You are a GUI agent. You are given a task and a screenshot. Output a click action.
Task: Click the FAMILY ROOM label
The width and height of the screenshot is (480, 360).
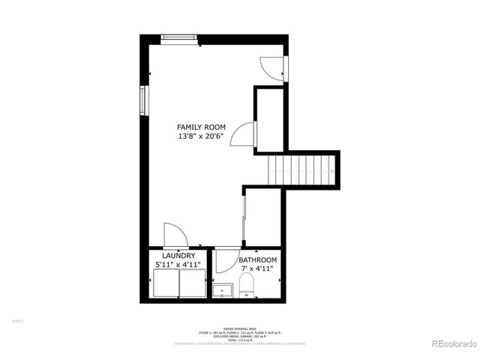coord(201,127)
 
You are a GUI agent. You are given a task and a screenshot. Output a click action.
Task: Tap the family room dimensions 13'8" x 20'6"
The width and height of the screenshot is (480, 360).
coord(201,137)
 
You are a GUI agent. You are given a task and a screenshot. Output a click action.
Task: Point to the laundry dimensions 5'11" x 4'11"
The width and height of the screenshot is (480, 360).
coord(178,265)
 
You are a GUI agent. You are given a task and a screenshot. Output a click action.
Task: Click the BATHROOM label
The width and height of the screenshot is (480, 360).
coord(257,260)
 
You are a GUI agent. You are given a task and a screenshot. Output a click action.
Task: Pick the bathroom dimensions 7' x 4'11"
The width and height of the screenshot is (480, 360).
coord(257,269)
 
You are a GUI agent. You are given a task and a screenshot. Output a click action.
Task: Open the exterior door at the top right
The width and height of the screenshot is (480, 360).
coord(271,68)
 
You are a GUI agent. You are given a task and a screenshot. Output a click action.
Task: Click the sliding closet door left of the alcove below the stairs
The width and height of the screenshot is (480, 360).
coord(244,217)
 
